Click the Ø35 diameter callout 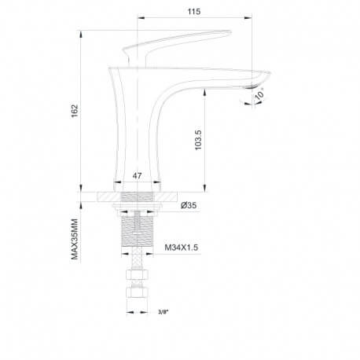pyautogui.click(x=189, y=206)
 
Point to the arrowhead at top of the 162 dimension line pyautogui.click(x=81, y=32)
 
